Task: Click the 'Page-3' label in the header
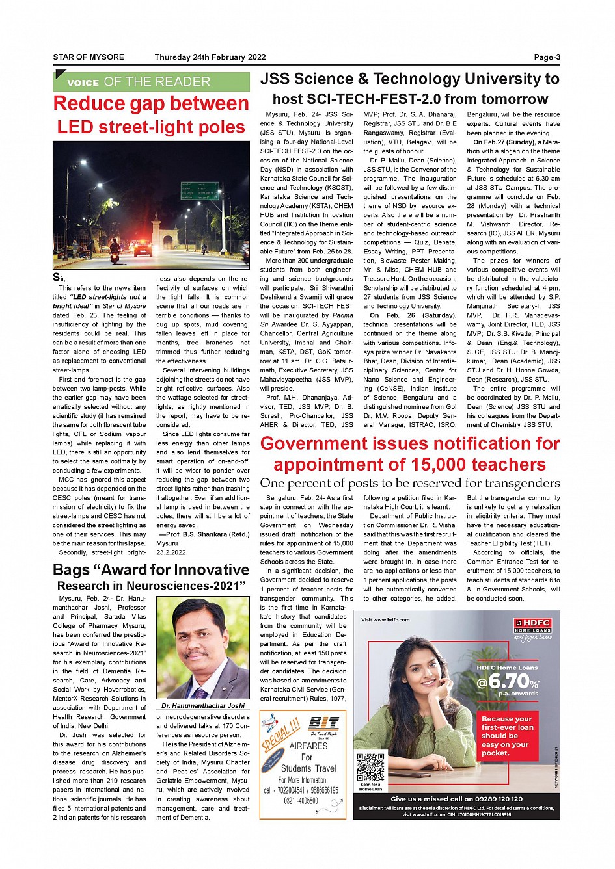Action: [547, 57]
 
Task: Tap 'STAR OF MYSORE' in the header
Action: [89, 57]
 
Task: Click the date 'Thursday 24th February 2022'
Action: [210, 57]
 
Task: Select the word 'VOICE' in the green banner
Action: [83, 83]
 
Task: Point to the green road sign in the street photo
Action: [199, 190]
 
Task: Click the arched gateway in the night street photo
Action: [157, 231]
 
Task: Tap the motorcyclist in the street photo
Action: [115, 250]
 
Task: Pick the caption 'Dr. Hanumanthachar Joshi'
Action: [203, 705]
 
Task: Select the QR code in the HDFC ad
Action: [370, 767]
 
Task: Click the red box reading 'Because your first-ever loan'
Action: [507, 736]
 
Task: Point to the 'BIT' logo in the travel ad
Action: [323, 722]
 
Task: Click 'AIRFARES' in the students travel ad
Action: [308, 746]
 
